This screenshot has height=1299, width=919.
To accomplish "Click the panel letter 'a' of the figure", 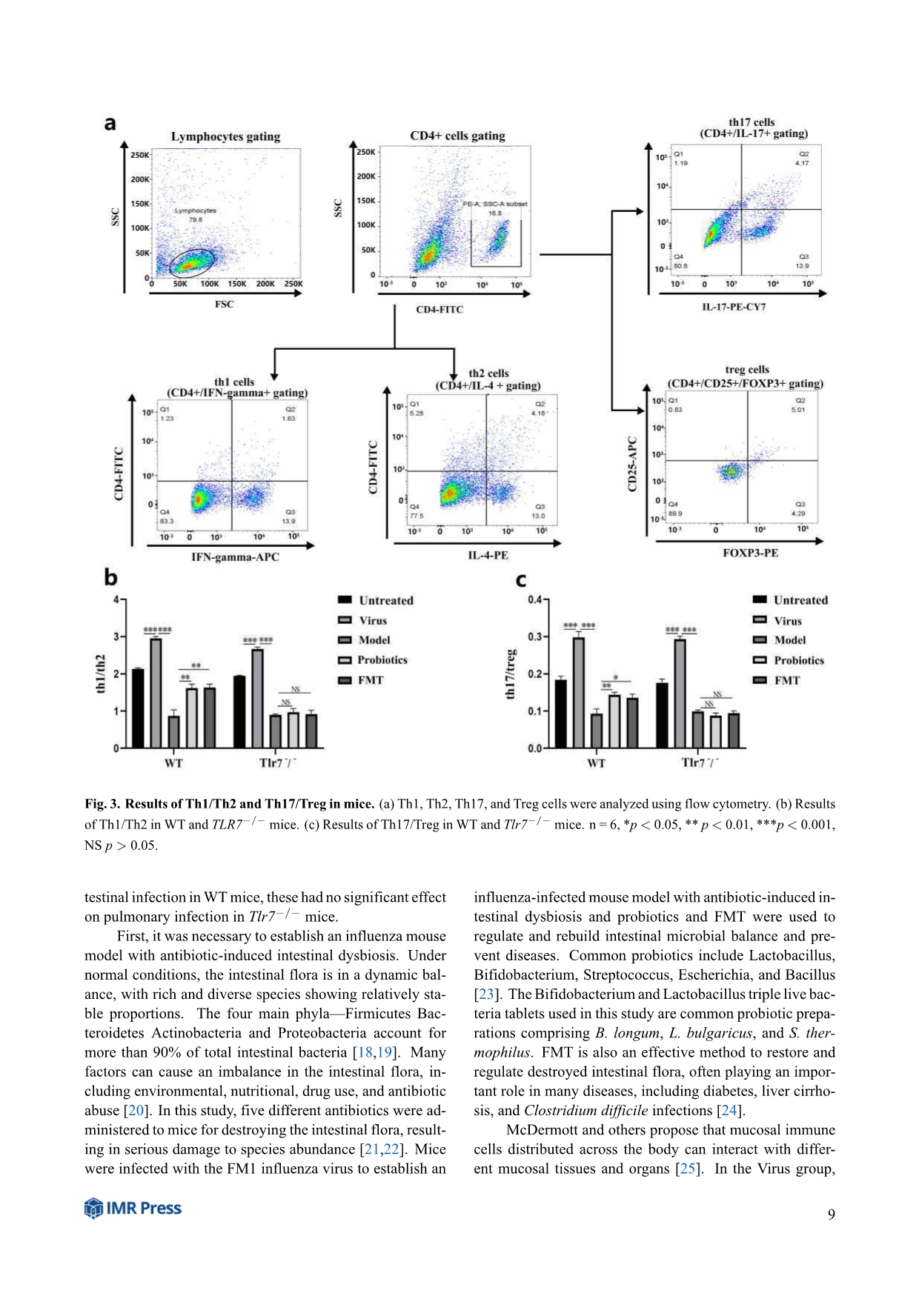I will pos(110,124).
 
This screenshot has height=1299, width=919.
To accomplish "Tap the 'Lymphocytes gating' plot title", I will pos(225,136).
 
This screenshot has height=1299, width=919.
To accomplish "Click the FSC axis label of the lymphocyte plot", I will pos(224,304).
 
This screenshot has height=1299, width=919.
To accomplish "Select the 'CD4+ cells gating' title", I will pos(457,136).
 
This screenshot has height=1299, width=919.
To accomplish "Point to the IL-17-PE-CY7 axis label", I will pos(734,307).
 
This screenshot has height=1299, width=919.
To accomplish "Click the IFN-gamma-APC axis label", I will pos(235,557).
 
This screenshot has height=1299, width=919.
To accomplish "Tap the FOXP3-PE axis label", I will pos(750,553).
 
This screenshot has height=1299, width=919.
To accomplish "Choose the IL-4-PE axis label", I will pos(488,555).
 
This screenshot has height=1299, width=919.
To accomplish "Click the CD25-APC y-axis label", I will pos(632,464).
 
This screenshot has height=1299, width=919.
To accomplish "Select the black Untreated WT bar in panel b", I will pos(138,708).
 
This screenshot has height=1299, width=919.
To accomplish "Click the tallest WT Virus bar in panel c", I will pos(578,692).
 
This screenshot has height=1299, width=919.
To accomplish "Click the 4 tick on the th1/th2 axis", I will pos(116,599).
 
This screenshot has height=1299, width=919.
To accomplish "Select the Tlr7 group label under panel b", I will pos(277,763).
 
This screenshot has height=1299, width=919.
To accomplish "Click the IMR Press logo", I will pos(133,1208).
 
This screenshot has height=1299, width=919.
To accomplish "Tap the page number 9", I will pos(832,1214).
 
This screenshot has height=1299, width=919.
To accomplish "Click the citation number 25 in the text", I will pos(688,1169).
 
